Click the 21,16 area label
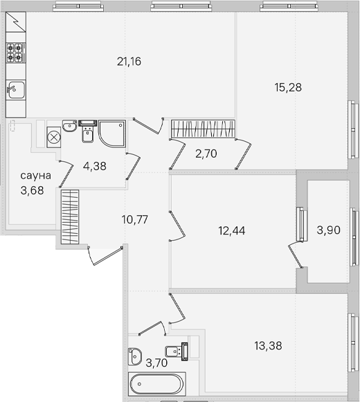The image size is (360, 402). (129, 62)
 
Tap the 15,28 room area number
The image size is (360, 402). (288, 87)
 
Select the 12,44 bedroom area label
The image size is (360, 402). (232, 230)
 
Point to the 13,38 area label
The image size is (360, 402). (268, 345)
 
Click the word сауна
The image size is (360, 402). (36, 176)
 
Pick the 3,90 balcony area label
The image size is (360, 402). (328, 230)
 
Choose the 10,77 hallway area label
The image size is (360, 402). (135, 219)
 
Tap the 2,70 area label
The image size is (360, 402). (206, 154)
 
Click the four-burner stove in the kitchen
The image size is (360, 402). (16, 53)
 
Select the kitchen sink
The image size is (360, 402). (16, 90)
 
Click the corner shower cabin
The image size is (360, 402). (112, 134)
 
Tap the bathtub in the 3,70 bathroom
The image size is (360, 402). (156, 384)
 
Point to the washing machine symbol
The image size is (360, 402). (54, 137)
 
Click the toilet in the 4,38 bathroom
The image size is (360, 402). (88, 131)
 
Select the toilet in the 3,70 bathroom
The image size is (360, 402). (177, 351)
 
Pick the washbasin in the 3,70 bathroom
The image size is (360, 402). (134, 356)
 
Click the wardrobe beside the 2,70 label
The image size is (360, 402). (203, 129)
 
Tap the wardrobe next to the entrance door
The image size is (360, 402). (70, 217)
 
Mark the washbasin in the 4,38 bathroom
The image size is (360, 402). (69, 126)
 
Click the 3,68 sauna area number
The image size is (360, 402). (32, 190)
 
